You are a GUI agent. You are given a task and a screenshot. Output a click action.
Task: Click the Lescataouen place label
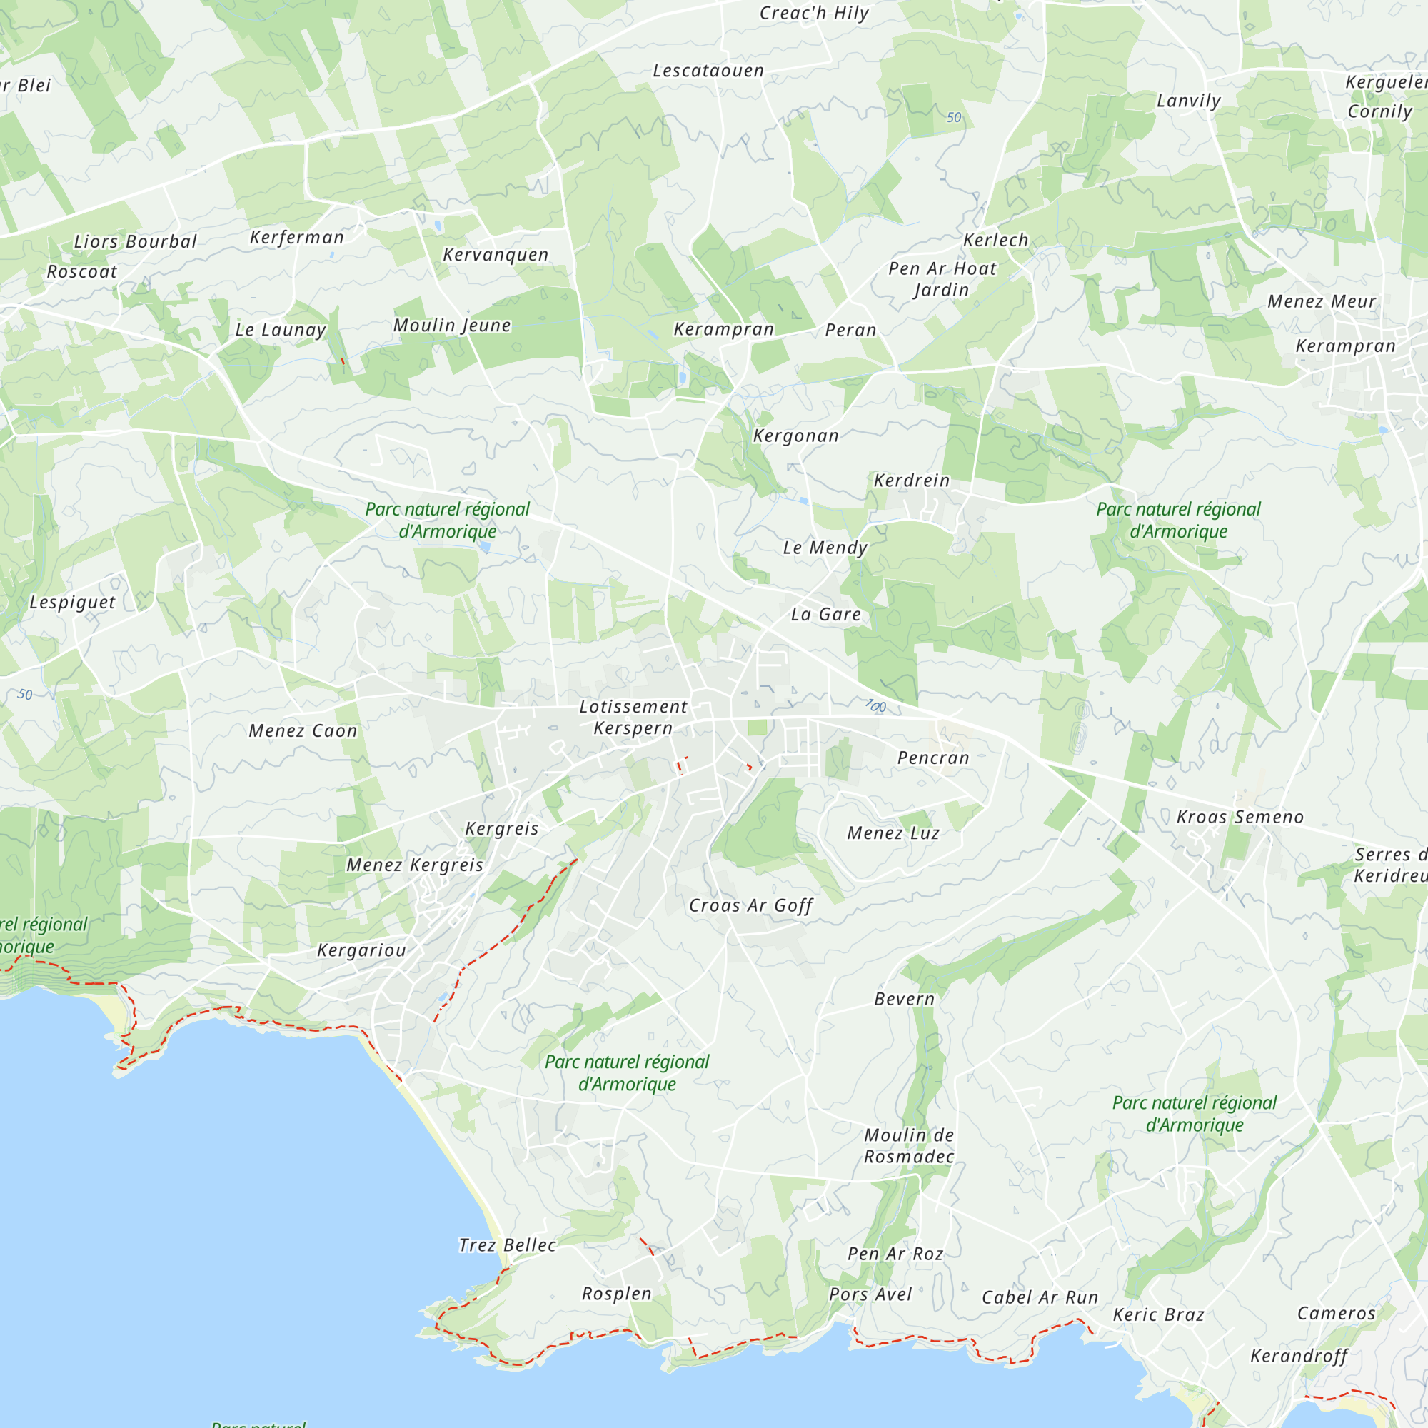[x=708, y=71]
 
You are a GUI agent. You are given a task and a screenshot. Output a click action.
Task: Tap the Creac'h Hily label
[x=814, y=14]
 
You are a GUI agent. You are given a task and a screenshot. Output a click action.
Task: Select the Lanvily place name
[x=1189, y=101]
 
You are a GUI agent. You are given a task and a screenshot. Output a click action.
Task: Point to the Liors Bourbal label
[x=135, y=242]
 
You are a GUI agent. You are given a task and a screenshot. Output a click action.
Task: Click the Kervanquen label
[x=496, y=255]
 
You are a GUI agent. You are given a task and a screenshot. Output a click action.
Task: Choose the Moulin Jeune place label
[x=452, y=326]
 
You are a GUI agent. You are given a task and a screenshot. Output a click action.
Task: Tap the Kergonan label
[x=796, y=436]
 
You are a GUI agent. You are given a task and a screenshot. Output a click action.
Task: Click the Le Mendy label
[x=825, y=548]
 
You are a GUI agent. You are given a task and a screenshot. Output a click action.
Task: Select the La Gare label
[x=825, y=614]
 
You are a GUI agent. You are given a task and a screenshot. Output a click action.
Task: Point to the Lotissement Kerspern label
[x=633, y=717]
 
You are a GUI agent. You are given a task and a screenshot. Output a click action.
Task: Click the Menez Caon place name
[x=303, y=731]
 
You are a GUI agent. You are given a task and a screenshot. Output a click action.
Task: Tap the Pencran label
[x=932, y=758]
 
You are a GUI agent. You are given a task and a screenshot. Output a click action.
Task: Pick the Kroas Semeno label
[x=1240, y=817]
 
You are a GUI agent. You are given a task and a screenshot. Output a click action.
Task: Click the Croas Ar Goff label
[x=750, y=906]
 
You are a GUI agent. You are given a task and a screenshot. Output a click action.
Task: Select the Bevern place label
[x=904, y=1000]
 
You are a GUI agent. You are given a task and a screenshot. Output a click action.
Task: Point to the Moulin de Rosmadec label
[x=909, y=1146]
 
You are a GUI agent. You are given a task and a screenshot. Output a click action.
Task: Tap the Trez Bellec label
[x=507, y=1245]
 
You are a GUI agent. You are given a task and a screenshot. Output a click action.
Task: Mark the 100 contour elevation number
[x=875, y=706]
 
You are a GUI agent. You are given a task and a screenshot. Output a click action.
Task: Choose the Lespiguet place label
[x=72, y=603]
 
